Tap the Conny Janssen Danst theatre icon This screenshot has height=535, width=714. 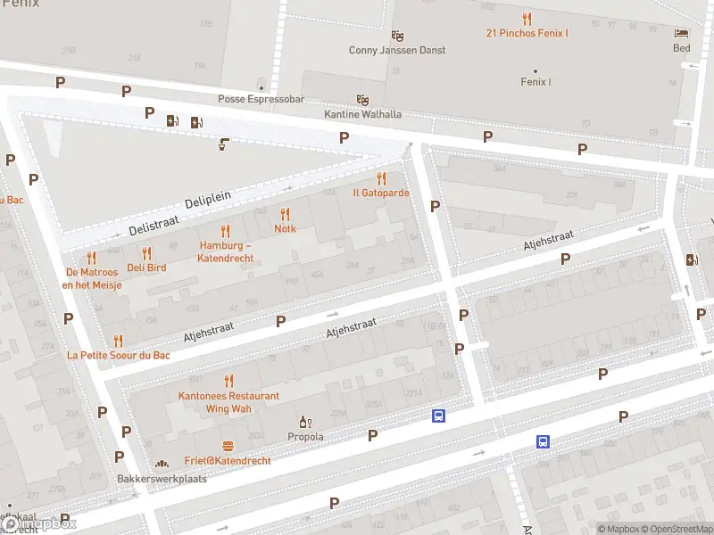pyautogui.click(x=397, y=35)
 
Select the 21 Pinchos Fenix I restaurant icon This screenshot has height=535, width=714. pyautogui.click(x=527, y=18)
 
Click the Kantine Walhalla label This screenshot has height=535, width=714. pyautogui.click(x=362, y=114)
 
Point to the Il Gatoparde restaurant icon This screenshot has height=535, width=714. pyautogui.click(x=381, y=177)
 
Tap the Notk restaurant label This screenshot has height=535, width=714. pyautogui.click(x=285, y=228)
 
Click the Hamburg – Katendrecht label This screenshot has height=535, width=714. pyautogui.click(x=226, y=251)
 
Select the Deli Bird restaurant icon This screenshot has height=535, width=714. pyautogui.click(x=146, y=252)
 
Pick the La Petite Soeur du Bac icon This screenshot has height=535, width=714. pyautogui.click(x=118, y=340)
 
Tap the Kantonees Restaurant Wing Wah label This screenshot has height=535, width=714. pyautogui.click(x=228, y=402)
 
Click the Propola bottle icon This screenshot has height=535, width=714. pyautogui.click(x=305, y=422)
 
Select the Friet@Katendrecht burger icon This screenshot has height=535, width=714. pyautogui.click(x=228, y=446)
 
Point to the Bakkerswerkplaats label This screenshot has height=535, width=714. pyautogui.click(x=162, y=479)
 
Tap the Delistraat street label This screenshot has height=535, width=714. pyautogui.click(x=154, y=224)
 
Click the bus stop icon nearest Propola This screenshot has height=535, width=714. pyautogui.click(x=438, y=416)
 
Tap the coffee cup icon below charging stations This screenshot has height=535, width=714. pyautogui.click(x=223, y=144)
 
